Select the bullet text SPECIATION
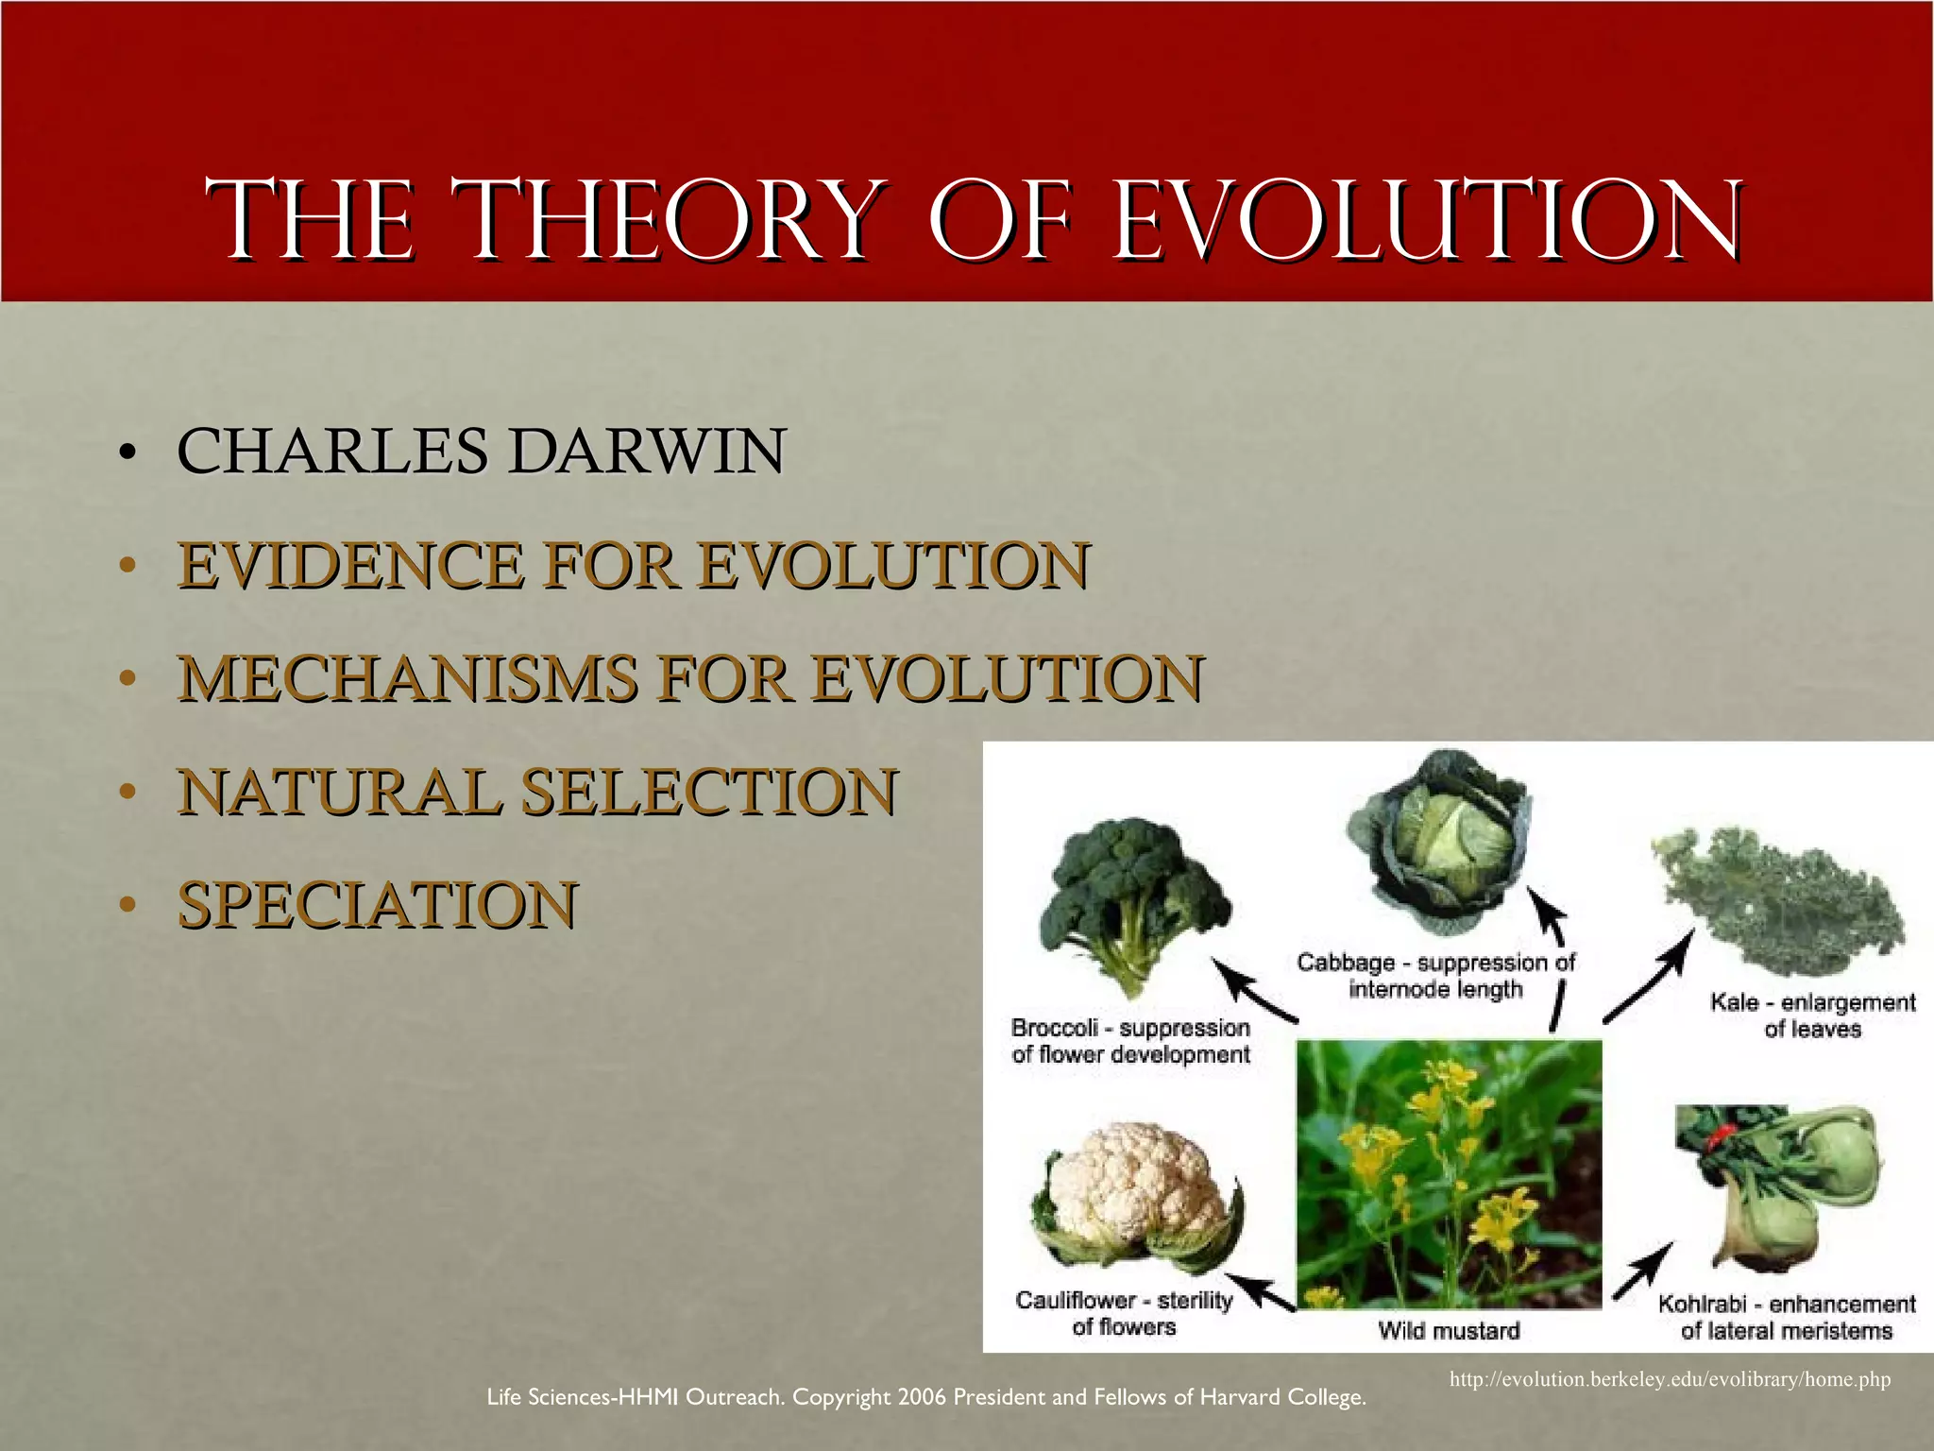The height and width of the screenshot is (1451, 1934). pos(378,904)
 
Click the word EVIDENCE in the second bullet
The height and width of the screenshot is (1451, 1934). pos(350,565)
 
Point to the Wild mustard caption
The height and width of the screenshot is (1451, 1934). pos(1449,1330)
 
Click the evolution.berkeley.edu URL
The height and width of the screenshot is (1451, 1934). pos(1670,1379)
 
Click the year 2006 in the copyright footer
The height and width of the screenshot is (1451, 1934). pos(922,1397)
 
